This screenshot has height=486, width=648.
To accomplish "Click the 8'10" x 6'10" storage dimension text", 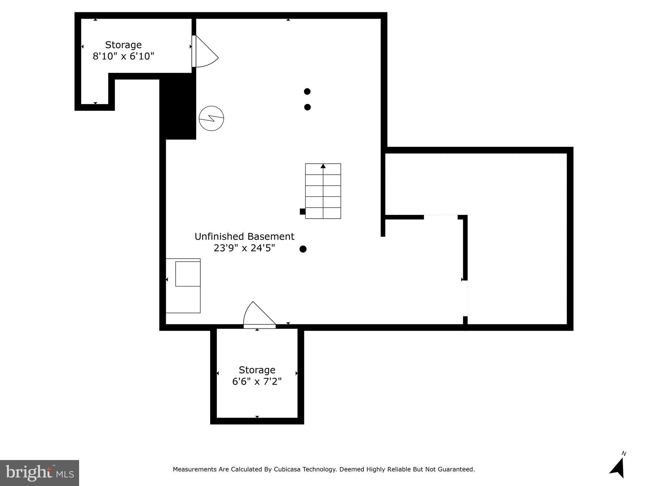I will click(x=123, y=56).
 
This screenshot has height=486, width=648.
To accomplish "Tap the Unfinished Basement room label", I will click(x=244, y=237).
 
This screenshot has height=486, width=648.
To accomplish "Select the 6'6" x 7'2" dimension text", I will click(x=257, y=382).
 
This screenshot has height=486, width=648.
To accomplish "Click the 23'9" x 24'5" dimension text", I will click(x=244, y=248).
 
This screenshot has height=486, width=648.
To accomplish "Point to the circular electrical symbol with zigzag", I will click(x=211, y=118).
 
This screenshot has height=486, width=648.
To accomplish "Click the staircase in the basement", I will click(x=323, y=191).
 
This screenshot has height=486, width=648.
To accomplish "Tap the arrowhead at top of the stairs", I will click(x=323, y=166).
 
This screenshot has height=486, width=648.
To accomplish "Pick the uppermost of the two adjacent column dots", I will click(x=307, y=91).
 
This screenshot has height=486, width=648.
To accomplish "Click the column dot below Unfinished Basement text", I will click(x=303, y=249).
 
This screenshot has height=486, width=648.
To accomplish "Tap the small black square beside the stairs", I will click(x=302, y=212).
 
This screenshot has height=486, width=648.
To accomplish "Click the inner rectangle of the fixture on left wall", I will click(x=188, y=274).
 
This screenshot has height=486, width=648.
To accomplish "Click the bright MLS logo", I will click(x=40, y=473).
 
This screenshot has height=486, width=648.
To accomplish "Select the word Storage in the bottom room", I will click(x=257, y=370).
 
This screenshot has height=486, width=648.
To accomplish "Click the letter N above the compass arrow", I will click(x=624, y=454).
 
